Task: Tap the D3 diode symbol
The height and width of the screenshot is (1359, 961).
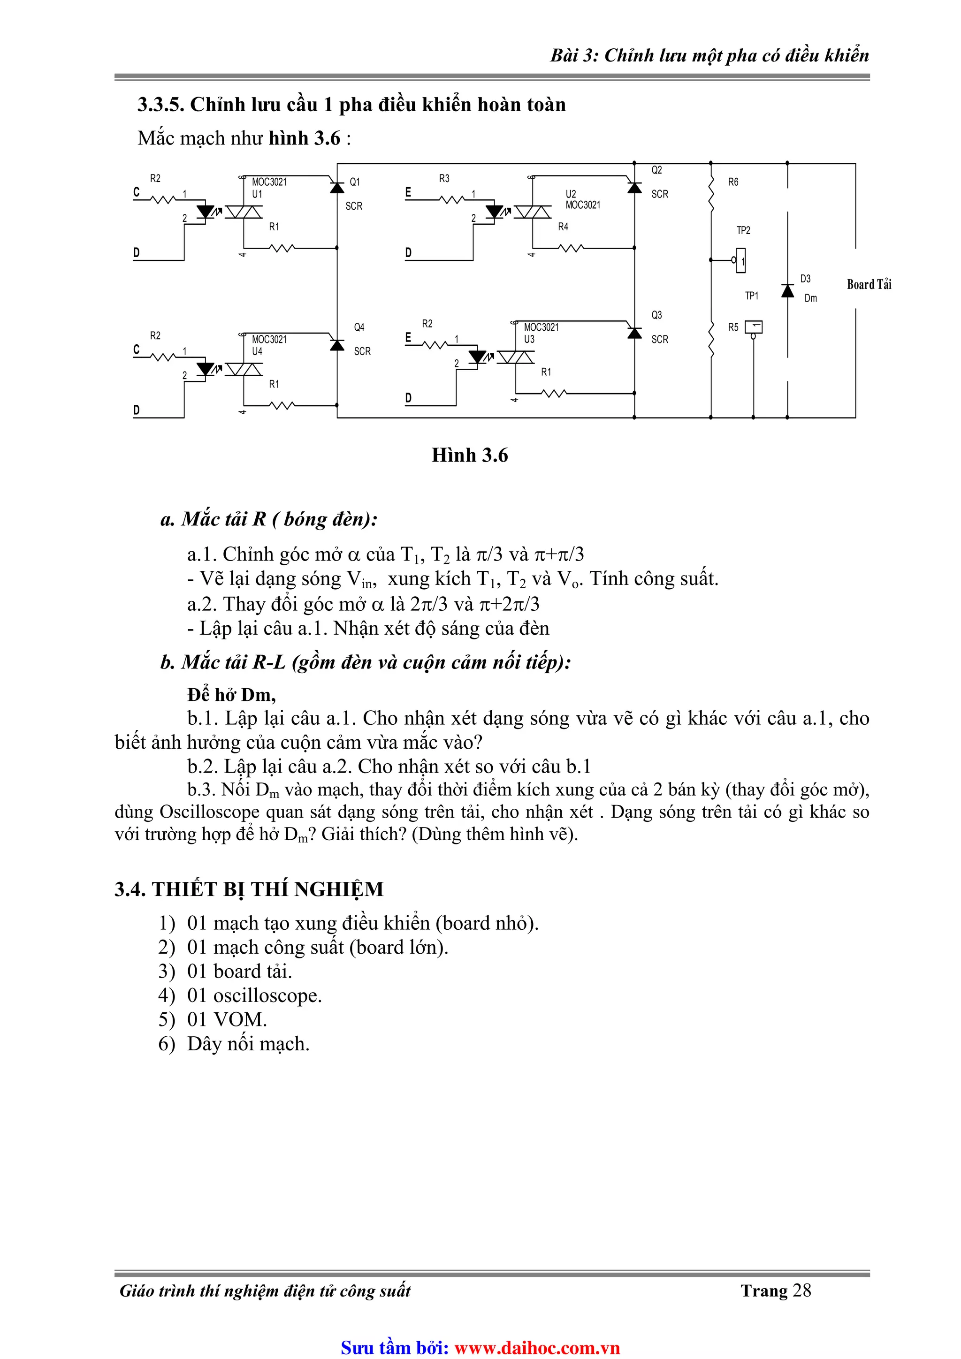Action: (787, 291)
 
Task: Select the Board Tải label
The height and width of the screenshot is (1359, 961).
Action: (869, 285)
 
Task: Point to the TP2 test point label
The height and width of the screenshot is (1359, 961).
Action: (743, 230)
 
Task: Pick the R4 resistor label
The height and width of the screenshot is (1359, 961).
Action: (563, 227)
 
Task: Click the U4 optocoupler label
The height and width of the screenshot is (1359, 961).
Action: (257, 351)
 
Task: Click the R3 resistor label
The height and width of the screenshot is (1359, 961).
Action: (444, 178)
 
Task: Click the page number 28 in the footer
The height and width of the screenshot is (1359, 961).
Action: (802, 1291)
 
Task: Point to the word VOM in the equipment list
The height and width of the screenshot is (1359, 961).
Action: (240, 1019)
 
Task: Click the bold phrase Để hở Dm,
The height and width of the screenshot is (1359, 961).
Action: (231, 694)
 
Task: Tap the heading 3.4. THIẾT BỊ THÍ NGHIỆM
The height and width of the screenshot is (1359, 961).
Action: (249, 889)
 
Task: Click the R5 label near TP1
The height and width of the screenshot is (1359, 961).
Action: (733, 327)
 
